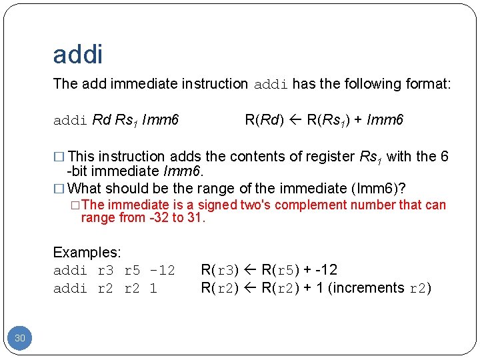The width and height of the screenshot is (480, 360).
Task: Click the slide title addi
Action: [x=78, y=54]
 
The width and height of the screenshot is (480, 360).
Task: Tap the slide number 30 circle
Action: [x=20, y=338]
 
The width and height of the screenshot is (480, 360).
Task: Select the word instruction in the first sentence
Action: [x=217, y=84]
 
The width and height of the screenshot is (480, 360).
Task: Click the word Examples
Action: [x=87, y=253]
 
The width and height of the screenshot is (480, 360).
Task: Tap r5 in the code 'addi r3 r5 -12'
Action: [x=133, y=271]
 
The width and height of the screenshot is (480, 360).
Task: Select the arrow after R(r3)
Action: [x=249, y=270]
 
